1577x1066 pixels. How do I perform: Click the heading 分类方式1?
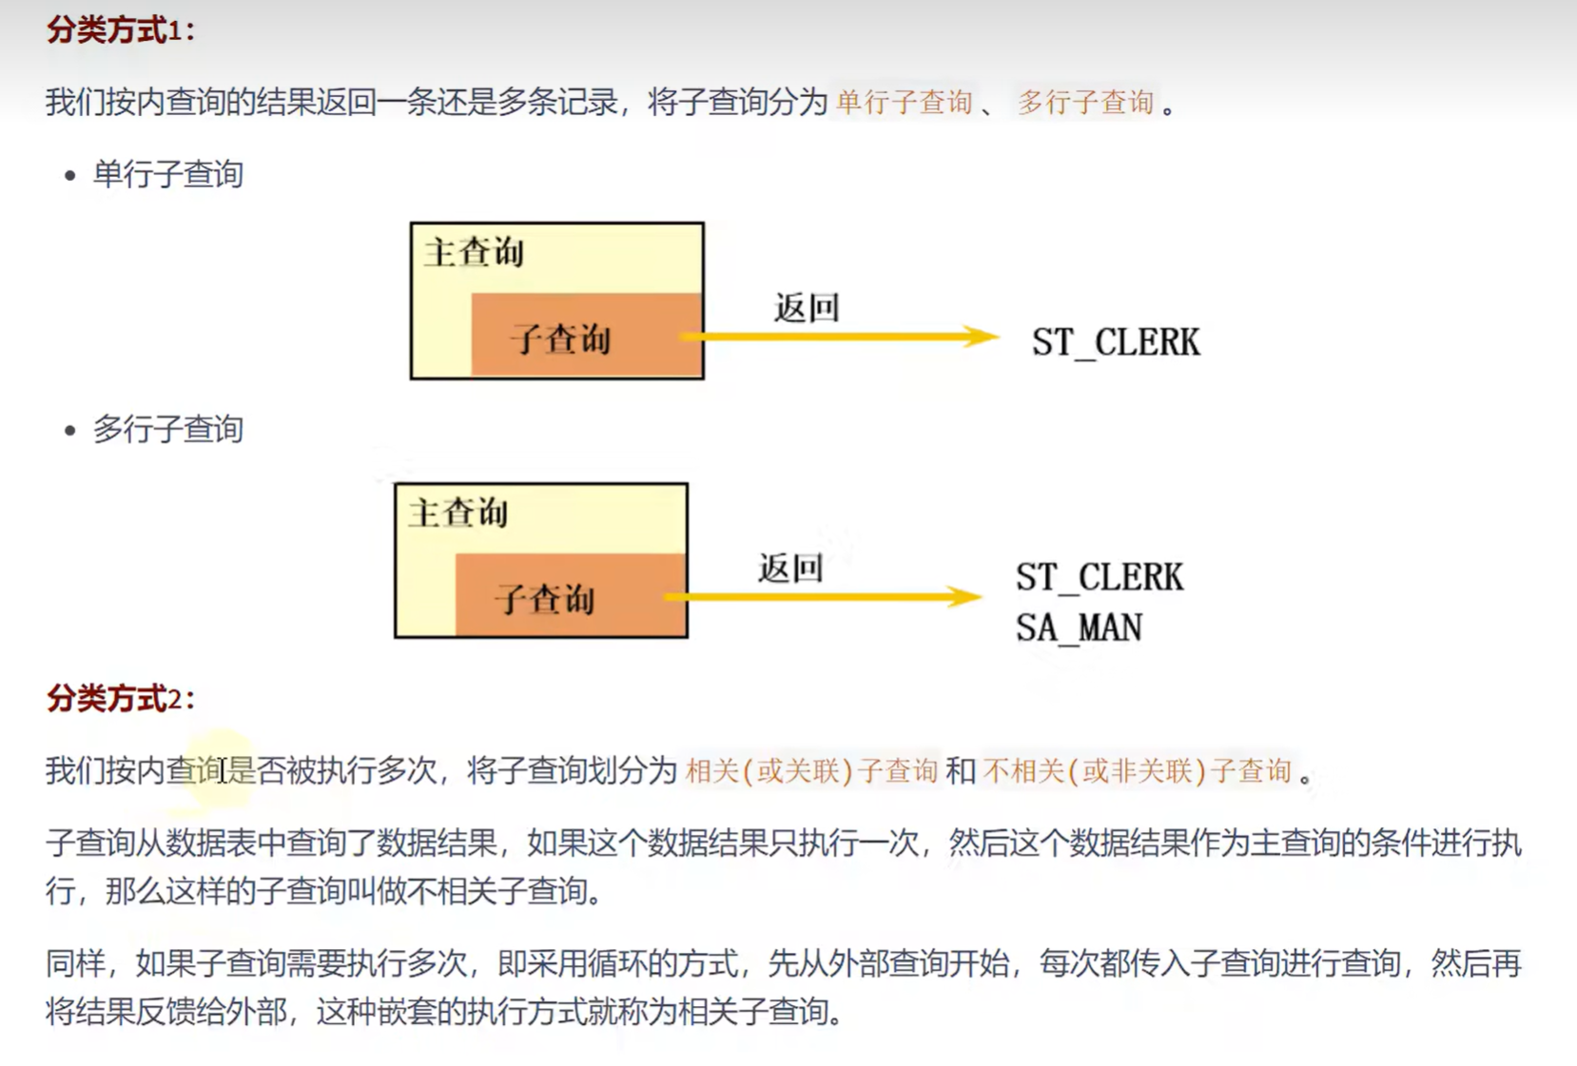tap(120, 30)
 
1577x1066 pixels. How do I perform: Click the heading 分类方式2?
tap(120, 699)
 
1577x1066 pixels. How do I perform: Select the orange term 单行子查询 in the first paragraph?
tap(904, 102)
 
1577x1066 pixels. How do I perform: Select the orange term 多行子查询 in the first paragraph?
tap(1085, 102)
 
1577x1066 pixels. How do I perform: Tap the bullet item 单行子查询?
tap(167, 175)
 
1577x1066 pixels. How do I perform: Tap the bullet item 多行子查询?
tap(167, 430)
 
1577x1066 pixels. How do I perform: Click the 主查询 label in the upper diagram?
tap(474, 253)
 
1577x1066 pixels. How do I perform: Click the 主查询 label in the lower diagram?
tap(458, 514)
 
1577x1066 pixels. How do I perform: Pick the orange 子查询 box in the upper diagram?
tap(586, 335)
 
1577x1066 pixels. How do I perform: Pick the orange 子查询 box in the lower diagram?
tap(570, 595)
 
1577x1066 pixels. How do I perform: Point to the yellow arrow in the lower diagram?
tap(824, 596)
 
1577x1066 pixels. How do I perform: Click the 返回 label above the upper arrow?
tap(807, 308)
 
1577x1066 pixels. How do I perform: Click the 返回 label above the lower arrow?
tap(790, 569)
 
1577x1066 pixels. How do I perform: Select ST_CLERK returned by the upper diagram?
tap(1116, 342)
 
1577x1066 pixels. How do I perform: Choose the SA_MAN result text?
tap(1079, 628)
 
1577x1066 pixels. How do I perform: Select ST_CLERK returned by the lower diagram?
tap(1100, 577)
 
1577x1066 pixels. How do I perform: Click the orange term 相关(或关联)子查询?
tap(811, 770)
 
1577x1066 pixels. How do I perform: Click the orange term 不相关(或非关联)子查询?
tap(1138, 770)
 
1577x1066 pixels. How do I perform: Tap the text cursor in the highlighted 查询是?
tap(223, 770)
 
